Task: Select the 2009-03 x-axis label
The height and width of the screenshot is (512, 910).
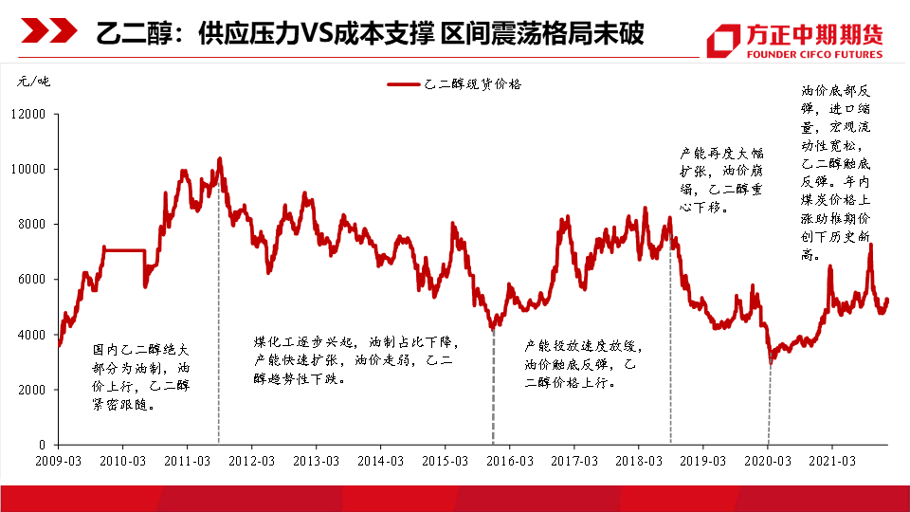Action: [59, 461]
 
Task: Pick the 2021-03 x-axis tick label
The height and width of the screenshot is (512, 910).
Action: [831, 461]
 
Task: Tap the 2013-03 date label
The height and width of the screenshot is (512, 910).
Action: [316, 461]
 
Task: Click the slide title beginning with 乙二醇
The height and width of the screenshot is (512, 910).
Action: [371, 35]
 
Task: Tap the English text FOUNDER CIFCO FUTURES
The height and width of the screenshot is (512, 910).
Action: [814, 54]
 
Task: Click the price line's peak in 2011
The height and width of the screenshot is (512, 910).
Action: [220, 158]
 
